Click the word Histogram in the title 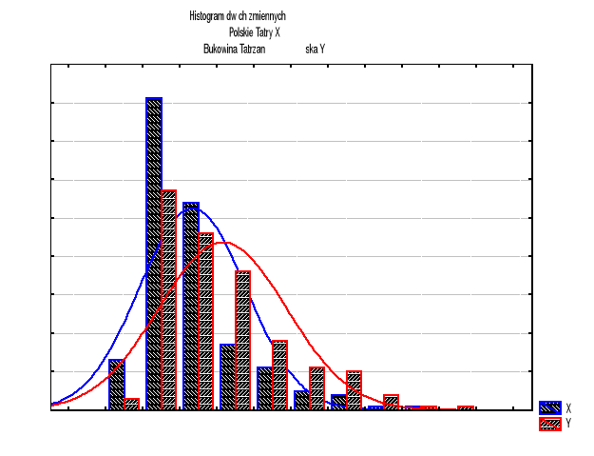click(209, 16)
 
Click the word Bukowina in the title click(221, 49)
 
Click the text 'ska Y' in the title click(316, 49)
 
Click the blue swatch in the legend click(549, 407)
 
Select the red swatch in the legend click(549, 424)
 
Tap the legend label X click(568, 407)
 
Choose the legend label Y click(568, 424)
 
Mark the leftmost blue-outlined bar click(117, 385)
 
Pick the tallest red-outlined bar click(169, 300)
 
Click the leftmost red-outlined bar click(132, 404)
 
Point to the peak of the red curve click(224, 242)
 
